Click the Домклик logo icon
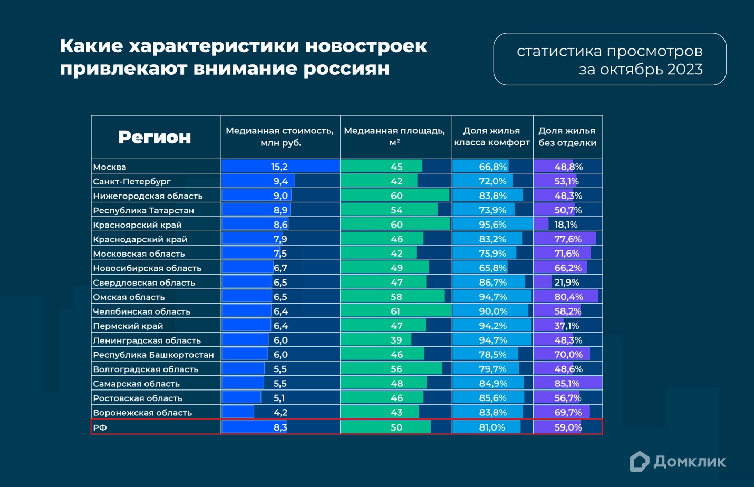(639, 462)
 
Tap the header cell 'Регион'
(154, 137)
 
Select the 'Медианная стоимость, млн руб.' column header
(279, 137)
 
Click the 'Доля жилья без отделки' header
(567, 137)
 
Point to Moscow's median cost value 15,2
(279, 167)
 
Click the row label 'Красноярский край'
(137, 225)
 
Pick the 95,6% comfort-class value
(492, 225)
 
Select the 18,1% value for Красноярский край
(566, 225)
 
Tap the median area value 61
(395, 311)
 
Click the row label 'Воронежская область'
(142, 413)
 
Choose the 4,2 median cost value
(280, 413)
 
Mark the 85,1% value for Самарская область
(567, 384)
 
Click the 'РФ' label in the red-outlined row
(100, 427)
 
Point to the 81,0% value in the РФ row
(492, 427)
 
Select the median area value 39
(396, 340)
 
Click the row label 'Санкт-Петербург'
(132, 181)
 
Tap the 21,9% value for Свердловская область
(566, 283)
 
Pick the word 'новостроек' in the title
(366, 46)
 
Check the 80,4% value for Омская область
(567, 297)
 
